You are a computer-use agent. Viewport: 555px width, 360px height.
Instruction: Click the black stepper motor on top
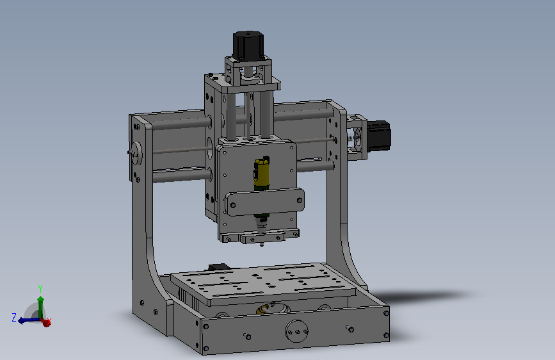(248, 45)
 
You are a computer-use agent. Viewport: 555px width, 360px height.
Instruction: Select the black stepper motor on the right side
(379, 135)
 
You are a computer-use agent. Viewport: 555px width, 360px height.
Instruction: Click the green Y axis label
(40, 289)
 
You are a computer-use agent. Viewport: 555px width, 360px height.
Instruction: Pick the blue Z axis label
(14, 317)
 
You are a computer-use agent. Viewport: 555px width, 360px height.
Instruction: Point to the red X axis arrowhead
(45, 322)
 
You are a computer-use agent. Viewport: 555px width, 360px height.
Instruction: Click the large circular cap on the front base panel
(296, 331)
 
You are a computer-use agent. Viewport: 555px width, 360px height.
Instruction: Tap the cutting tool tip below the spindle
(262, 244)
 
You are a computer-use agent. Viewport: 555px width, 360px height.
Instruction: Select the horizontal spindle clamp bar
(265, 202)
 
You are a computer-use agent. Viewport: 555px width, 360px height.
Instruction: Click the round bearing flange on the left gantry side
(136, 153)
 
